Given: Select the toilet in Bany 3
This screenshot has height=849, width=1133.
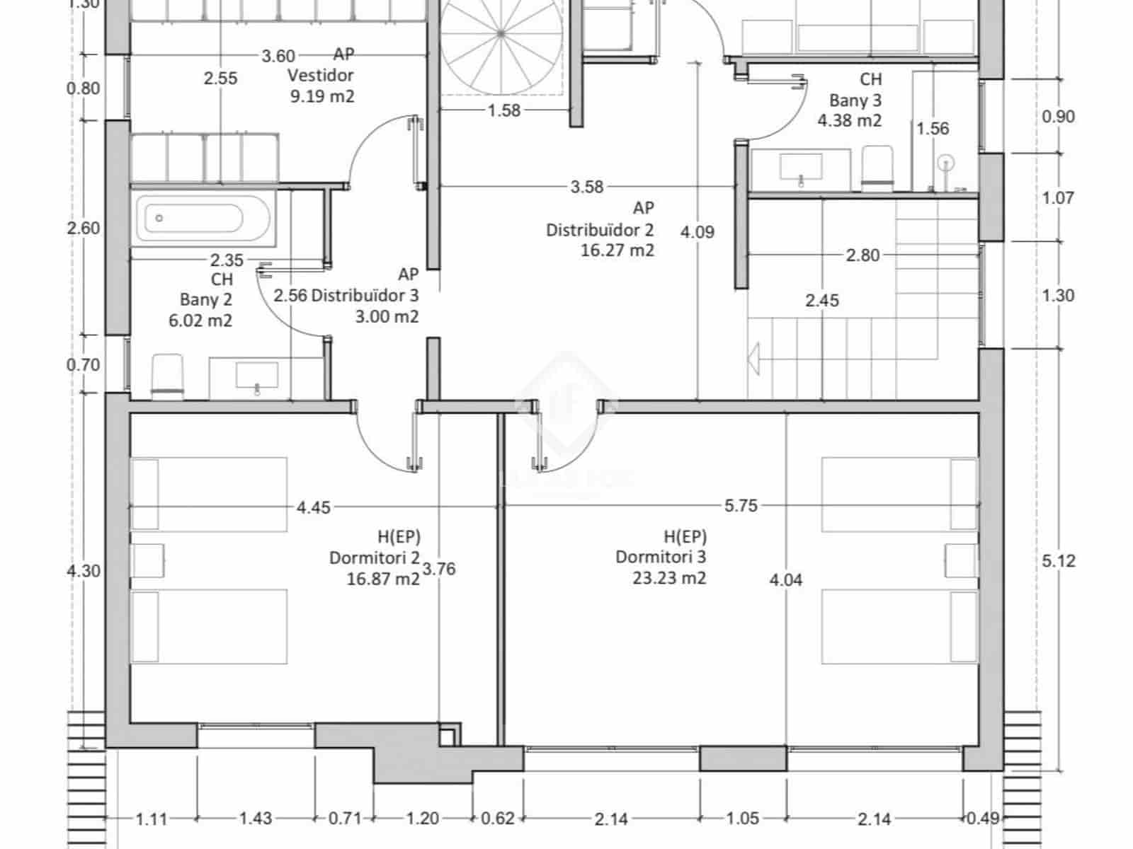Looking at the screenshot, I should (x=876, y=168).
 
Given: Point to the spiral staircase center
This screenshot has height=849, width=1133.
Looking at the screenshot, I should (x=501, y=33).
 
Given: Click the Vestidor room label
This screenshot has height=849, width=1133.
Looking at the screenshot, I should (x=321, y=75).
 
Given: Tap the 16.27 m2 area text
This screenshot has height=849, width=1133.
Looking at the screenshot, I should (x=617, y=250).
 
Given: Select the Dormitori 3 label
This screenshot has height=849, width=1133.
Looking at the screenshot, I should (x=660, y=557).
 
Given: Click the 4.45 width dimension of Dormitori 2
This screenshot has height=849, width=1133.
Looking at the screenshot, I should (x=313, y=507).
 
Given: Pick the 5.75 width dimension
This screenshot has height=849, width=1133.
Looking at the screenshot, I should (x=741, y=506).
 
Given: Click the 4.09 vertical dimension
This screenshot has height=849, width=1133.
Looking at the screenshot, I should (x=698, y=231).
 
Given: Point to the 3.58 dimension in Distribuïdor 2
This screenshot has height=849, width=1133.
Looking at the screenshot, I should (x=587, y=187).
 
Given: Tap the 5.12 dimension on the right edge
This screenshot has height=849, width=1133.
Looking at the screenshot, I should (x=1059, y=561).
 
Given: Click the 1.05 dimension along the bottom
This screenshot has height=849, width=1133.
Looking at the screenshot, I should (x=743, y=819).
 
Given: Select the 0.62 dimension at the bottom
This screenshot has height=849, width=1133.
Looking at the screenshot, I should (x=498, y=819).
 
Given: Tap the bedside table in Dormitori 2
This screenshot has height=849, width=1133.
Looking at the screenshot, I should (x=148, y=560).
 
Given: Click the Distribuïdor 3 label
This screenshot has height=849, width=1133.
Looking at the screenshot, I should (x=365, y=295).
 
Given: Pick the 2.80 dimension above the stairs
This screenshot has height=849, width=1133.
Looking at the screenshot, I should (x=862, y=255).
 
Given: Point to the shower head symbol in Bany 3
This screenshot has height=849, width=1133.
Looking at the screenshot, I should (x=946, y=164).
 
